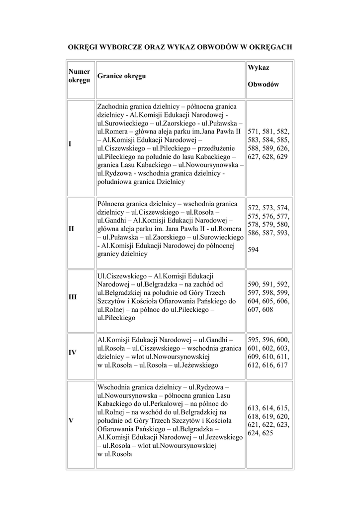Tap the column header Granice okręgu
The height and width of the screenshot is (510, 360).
point(122,77)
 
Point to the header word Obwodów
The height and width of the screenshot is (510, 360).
point(263,84)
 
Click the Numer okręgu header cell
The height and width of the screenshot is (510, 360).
point(79,76)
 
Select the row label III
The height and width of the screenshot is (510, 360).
point(73,297)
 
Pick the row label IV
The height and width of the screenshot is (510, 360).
point(73,353)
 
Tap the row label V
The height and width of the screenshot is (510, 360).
point(71,421)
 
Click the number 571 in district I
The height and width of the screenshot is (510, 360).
point(254,131)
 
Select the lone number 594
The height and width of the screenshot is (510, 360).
point(253,250)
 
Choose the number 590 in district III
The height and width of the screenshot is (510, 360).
point(254,284)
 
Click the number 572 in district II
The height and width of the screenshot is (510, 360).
point(254,207)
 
